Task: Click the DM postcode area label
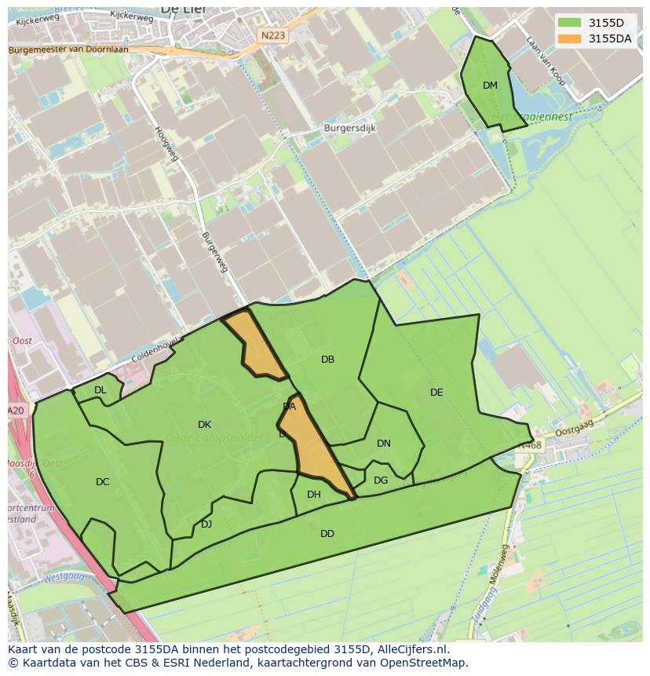(490, 86)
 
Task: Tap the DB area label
(328, 360)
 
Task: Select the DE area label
(436, 393)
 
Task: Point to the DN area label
(384, 444)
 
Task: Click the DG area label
(381, 481)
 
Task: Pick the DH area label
(314, 495)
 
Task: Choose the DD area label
(327, 534)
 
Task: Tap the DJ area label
(206, 524)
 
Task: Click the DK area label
(204, 425)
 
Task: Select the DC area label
(103, 482)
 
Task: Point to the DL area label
(100, 390)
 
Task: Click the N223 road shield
(274, 35)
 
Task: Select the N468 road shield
(529, 445)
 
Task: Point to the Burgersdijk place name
(350, 126)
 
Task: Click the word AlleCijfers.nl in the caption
(414, 649)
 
